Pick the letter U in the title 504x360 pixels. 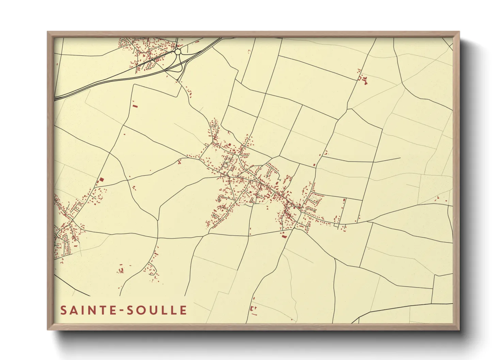coord(152,310)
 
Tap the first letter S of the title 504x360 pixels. coord(63,310)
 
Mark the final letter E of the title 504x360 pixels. coord(184,310)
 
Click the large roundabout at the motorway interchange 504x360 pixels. coord(178,52)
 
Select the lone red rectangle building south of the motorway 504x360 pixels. coord(135,106)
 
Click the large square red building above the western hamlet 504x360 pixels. coord(101,180)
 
